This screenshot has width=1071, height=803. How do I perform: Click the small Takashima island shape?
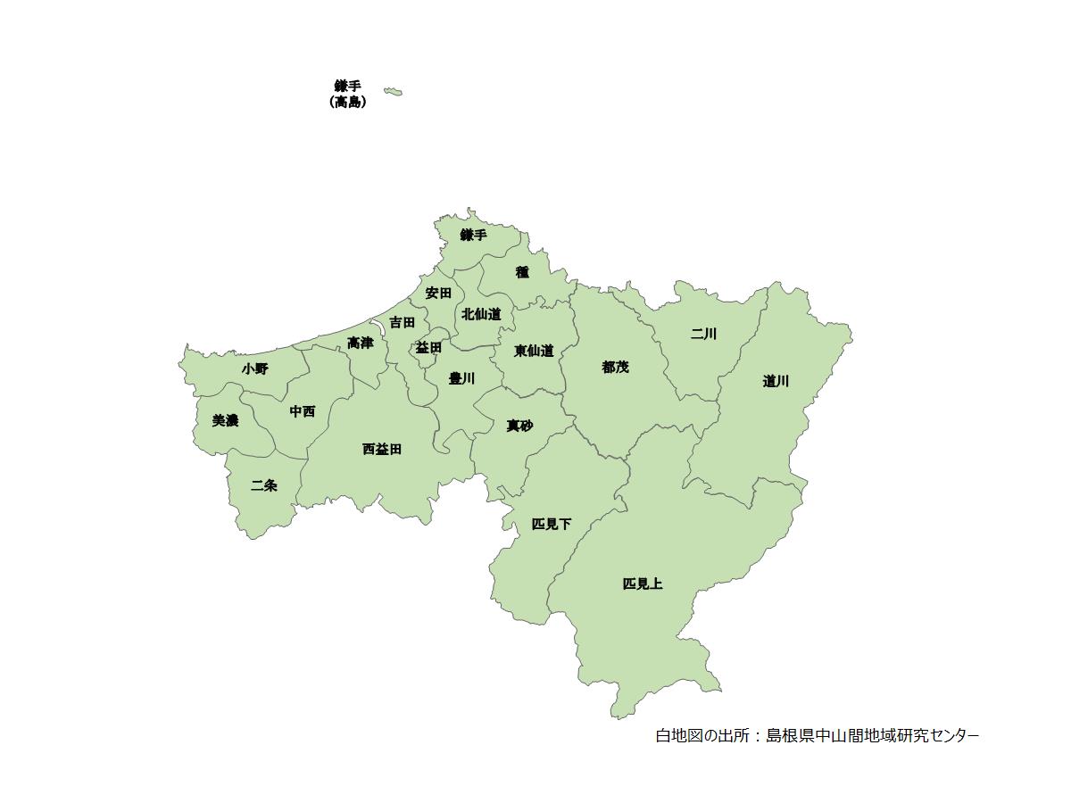pos(393,91)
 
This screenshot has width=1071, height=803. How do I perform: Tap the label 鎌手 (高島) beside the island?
pos(347,95)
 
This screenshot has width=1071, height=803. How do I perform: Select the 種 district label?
pos(522,272)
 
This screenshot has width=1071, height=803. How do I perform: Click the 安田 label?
pos(438,293)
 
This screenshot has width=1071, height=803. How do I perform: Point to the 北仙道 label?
pos(481,314)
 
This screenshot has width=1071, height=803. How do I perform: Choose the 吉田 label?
pos(402,322)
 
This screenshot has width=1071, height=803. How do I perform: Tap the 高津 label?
pos(361,343)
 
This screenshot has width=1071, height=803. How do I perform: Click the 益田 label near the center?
pos(428,347)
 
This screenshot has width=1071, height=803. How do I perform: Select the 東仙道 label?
pos(534,351)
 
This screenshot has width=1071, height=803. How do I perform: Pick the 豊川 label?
pos(461,378)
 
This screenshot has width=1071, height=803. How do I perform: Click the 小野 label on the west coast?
pos(254,368)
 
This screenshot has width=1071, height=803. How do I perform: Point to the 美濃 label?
pos(225,420)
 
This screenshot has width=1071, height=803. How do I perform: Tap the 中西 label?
pos(303,411)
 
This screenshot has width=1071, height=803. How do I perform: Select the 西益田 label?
pos(382,449)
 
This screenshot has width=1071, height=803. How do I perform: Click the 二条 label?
pos(264,485)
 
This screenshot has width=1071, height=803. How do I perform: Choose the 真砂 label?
pos(519,426)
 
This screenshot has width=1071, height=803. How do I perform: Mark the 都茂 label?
pos(615,367)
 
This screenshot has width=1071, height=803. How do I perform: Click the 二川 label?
pos(703,334)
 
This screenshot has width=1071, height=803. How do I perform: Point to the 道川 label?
pos(776,381)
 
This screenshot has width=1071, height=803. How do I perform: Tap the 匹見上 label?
pos(643,584)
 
